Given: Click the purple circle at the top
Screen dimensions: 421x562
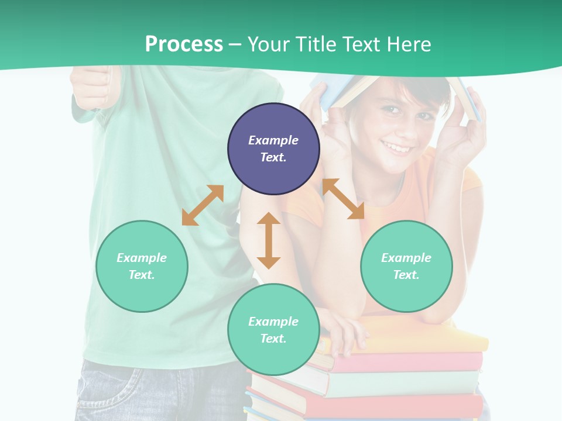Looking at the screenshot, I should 273,149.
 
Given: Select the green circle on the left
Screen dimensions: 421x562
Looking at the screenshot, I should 142,266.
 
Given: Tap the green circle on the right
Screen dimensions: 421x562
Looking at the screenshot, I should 406,266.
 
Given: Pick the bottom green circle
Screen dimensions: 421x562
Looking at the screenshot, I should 273,330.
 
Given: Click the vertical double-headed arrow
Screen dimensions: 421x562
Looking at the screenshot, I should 269,240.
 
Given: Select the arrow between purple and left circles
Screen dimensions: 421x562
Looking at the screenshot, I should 203,205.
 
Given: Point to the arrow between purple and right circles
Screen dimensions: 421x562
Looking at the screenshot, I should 343,199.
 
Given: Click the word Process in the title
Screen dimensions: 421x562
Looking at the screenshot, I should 184,44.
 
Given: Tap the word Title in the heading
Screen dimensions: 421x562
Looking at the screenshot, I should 316,44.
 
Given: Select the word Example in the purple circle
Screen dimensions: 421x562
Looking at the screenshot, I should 273,140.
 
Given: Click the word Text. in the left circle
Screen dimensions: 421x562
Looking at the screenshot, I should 142,275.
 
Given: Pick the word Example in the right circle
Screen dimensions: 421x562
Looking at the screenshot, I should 406,258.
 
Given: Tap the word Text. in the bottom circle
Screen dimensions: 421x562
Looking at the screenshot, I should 273,339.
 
